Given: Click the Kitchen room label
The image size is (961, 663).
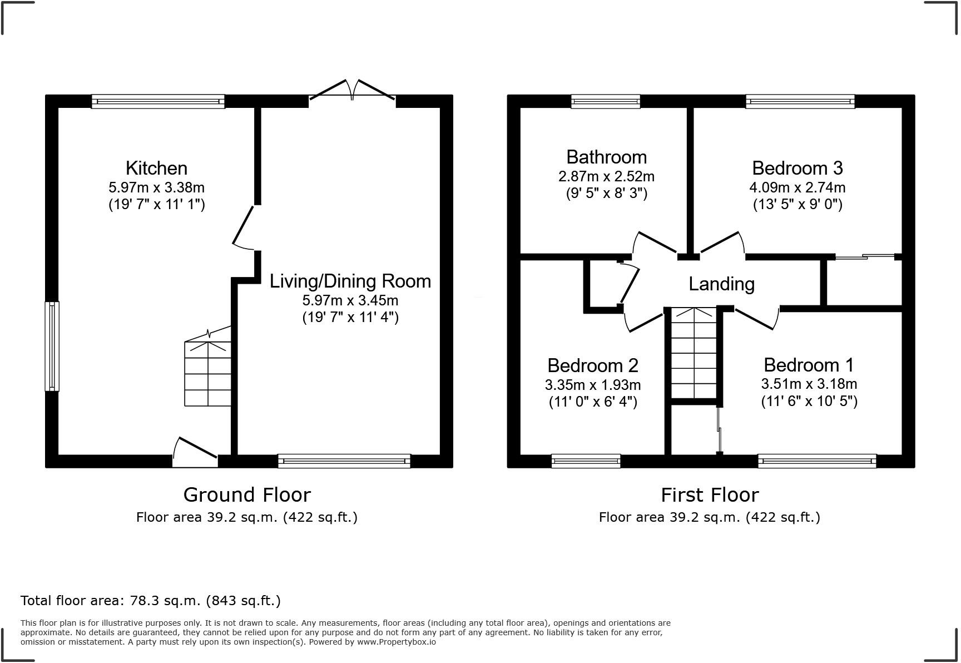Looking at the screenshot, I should pos(156,168).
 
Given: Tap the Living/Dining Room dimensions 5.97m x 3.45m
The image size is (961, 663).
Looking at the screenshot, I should pos(350,300).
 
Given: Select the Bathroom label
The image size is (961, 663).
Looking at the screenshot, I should pos(606,157).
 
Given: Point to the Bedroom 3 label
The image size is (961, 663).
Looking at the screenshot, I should pos(797,168).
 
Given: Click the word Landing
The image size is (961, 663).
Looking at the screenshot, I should pos(721,284).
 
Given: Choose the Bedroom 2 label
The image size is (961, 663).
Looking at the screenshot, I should pos(592,365).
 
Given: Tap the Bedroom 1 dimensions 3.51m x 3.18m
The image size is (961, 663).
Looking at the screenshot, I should pos(809,384).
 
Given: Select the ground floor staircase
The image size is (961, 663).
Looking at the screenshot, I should pos(207,370).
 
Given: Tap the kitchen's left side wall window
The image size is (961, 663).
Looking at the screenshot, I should pos(52,346).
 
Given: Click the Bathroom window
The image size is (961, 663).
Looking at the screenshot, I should pos(606,101).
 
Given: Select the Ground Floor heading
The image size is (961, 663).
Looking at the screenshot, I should pos(247,494).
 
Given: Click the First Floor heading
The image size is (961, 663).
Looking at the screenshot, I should pos(709,494).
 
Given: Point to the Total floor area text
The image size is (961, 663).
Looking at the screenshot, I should pos(150,601).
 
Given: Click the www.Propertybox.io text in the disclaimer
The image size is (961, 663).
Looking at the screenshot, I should pos(396,642).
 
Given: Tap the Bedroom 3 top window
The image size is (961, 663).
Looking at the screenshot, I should pos(800,101).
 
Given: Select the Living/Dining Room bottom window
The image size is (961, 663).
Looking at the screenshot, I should pos(344,460).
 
